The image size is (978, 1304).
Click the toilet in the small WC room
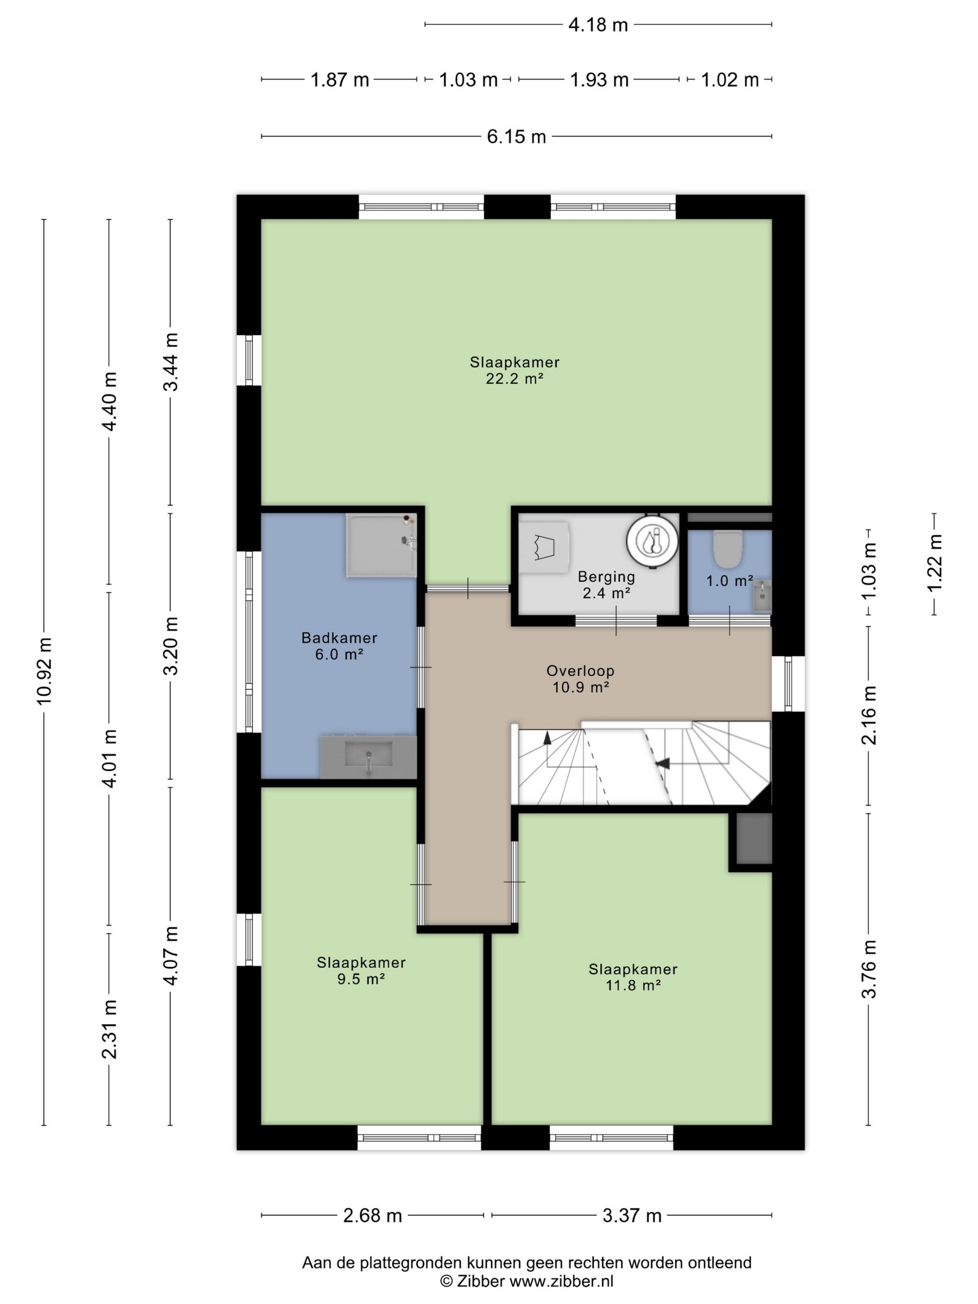pyautogui.click(x=728, y=548)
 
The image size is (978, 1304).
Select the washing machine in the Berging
pyautogui.click(x=544, y=548)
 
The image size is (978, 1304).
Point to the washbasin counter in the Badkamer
pyautogui.click(x=368, y=756)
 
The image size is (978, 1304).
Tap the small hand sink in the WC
pyautogui.click(x=761, y=595)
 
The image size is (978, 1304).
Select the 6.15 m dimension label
pyautogui.click(x=516, y=137)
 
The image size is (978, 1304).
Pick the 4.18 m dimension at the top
pyautogui.click(x=598, y=25)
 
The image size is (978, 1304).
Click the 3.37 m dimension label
pyautogui.click(x=632, y=1216)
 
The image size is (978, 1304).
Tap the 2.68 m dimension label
pyautogui.click(x=373, y=1216)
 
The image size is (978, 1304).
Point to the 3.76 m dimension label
pyautogui.click(x=869, y=969)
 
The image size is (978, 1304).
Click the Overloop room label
pyautogui.click(x=581, y=670)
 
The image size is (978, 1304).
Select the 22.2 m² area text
pyautogui.click(x=515, y=379)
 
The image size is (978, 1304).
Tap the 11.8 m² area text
pyautogui.click(x=633, y=985)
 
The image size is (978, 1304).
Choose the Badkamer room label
pyautogui.click(x=339, y=637)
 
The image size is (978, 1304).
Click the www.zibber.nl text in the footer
pyautogui.click(x=561, y=1281)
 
